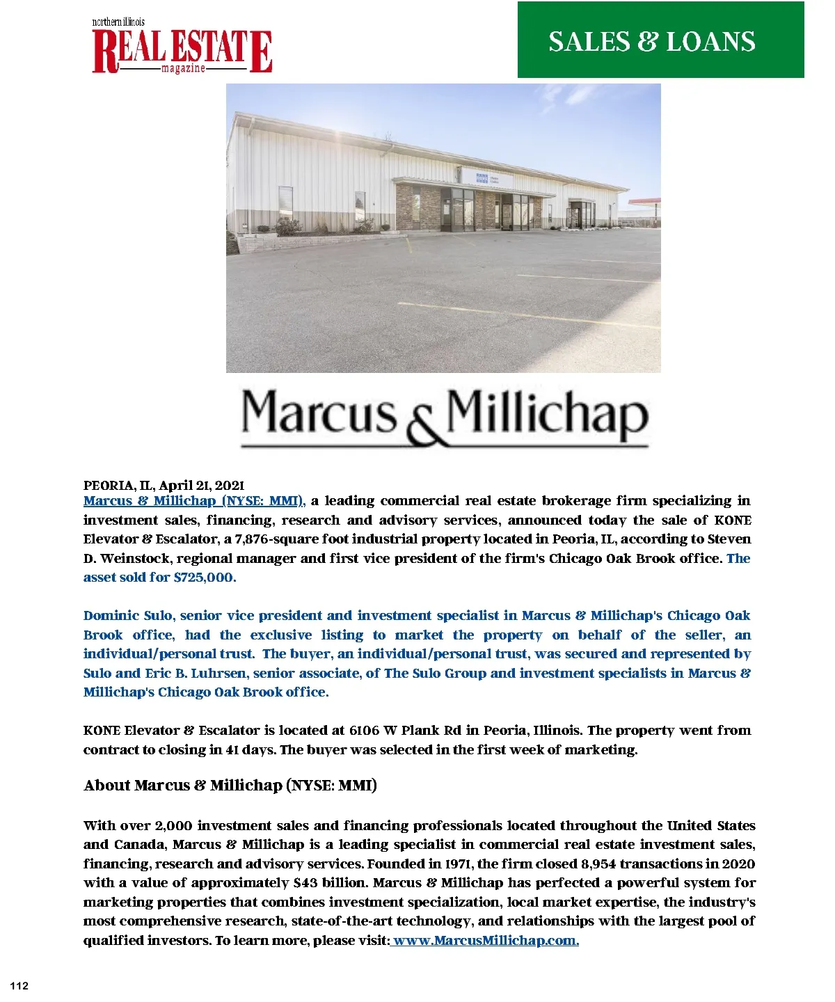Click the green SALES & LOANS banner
660,40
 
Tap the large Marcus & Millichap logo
444,417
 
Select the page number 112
19,985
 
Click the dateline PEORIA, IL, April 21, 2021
164,485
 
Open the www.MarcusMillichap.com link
486,941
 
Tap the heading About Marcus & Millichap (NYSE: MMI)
230,786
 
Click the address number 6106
365,731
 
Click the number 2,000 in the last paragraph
173,826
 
